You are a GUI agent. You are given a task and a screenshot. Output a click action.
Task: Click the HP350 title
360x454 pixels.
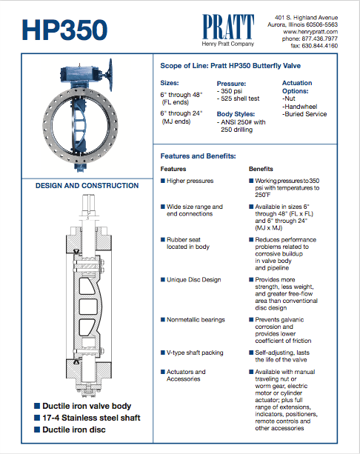pyautogui.click(x=64, y=30)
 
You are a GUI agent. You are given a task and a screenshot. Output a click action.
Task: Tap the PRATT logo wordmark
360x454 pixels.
pyautogui.click(x=228, y=27)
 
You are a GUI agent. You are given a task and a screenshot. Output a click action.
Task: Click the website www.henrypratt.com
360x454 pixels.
pyautogui.click(x=310, y=32)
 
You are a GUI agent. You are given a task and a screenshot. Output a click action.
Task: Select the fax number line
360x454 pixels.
pyautogui.click(x=314, y=46)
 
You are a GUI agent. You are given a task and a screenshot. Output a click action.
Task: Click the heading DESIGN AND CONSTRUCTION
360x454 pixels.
pyautogui.click(x=87, y=186)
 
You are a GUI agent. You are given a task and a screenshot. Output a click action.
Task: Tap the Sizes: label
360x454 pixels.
pyautogui.click(x=170, y=83)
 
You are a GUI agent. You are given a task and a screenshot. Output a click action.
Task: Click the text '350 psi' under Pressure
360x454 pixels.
pyautogui.click(x=231, y=91)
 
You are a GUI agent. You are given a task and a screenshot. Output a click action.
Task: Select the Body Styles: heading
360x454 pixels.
pyautogui.click(x=236, y=114)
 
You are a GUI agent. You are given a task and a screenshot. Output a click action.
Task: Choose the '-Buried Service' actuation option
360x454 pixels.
pyautogui.click(x=304, y=114)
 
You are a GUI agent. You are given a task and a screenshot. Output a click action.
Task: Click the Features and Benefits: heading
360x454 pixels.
pyautogui.click(x=198, y=156)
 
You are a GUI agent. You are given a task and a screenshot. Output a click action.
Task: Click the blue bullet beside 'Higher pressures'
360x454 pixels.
pyautogui.click(x=163, y=181)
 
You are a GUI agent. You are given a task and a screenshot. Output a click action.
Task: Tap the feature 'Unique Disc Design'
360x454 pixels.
pyautogui.click(x=194, y=280)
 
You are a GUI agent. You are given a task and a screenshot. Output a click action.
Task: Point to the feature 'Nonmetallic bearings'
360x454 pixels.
pyautogui.click(x=196, y=320)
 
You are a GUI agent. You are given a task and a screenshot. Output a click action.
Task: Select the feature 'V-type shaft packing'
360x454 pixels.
pyautogui.click(x=195, y=353)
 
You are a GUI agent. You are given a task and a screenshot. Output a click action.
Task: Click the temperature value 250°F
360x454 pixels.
pyautogui.click(x=263, y=195)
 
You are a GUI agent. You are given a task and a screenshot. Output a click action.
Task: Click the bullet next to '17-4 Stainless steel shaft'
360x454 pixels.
pyautogui.click(x=37, y=418)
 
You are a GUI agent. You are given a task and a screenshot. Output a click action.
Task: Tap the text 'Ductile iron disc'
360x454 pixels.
pyautogui.click(x=74, y=430)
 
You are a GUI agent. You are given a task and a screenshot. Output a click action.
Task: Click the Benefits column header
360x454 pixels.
pyautogui.click(x=261, y=169)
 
